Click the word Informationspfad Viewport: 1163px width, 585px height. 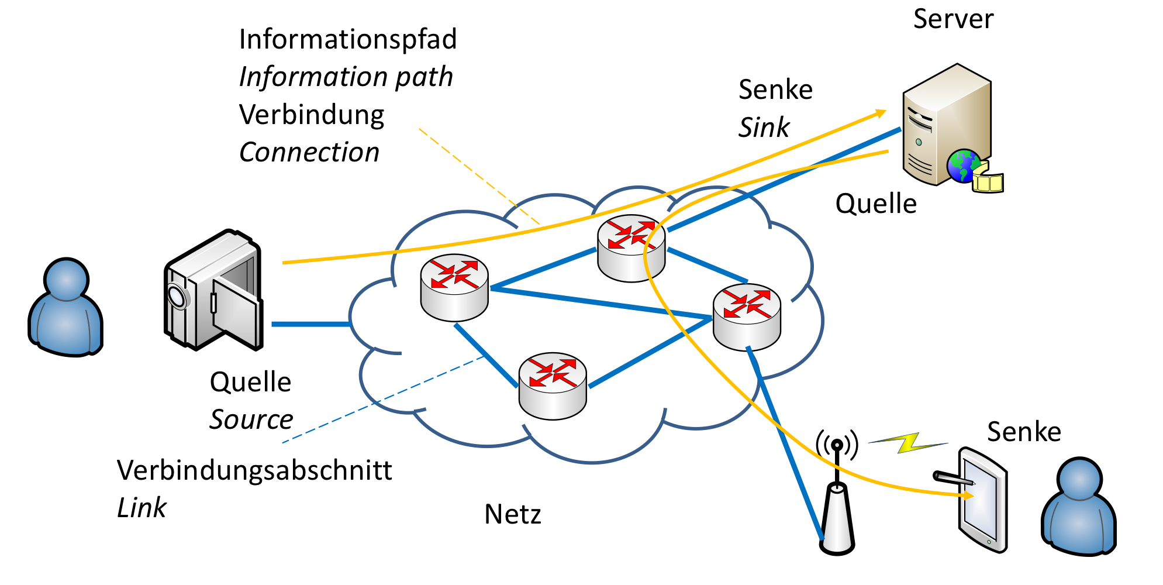point(347,40)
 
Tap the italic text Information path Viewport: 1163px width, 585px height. point(346,77)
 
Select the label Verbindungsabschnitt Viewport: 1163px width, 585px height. point(254,470)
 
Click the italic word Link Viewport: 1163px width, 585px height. point(142,508)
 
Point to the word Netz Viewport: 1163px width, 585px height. point(513,515)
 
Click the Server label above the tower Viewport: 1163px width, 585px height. point(953,19)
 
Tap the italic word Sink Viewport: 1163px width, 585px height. point(764,128)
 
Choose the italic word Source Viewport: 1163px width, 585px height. point(251,419)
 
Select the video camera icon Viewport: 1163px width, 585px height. point(213,291)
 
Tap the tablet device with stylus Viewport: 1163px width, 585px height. point(982,500)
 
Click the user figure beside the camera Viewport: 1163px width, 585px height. point(65,308)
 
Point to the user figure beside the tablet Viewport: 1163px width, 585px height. point(1079,508)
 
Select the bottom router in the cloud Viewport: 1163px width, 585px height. point(553,386)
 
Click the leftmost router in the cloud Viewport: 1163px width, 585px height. point(454,287)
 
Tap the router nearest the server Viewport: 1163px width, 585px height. point(631,248)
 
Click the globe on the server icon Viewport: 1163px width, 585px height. point(963,166)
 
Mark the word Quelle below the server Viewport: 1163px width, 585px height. point(875,204)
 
